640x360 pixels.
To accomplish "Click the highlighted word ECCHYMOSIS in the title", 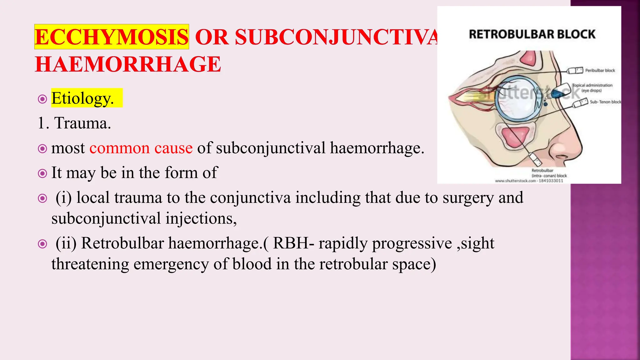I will tap(112, 37).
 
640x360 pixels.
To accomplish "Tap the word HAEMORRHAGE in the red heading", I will tap(128, 64).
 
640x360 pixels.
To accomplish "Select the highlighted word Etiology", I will tap(82, 98).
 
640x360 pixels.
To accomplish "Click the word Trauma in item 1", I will tap(82, 123).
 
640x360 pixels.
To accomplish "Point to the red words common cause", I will tap(141, 148).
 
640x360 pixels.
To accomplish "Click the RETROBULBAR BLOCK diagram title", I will tap(532, 34).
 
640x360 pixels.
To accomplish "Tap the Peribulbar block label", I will tap(600, 71).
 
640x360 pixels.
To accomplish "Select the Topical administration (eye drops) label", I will tap(592, 88).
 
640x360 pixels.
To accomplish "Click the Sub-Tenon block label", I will tap(605, 102).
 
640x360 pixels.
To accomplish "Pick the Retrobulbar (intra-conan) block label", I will tap(549, 173).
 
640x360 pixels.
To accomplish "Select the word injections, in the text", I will tap(201, 218).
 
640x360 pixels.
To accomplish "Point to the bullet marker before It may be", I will tap(42, 173).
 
